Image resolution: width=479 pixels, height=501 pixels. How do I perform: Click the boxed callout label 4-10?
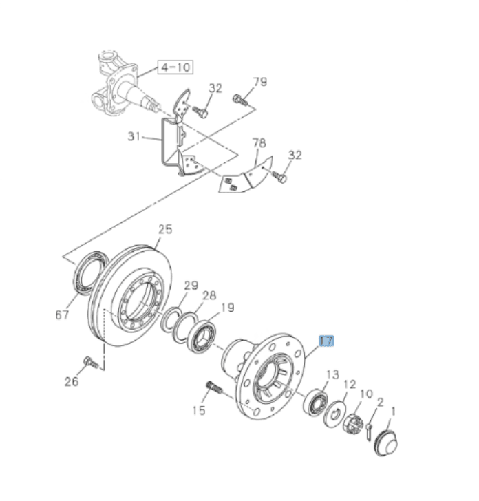[x=175, y=67]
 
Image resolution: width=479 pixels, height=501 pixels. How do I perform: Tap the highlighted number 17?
[x=326, y=340]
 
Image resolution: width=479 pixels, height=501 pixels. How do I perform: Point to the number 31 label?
[x=135, y=136]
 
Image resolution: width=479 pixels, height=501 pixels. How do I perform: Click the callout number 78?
[x=259, y=143]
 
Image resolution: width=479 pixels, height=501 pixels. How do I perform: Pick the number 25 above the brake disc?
[x=164, y=229]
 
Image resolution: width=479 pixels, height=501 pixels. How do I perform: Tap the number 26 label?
[x=72, y=381]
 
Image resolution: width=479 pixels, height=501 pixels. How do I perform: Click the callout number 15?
[x=199, y=411]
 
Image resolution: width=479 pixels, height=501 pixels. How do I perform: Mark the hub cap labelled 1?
[x=386, y=440]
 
